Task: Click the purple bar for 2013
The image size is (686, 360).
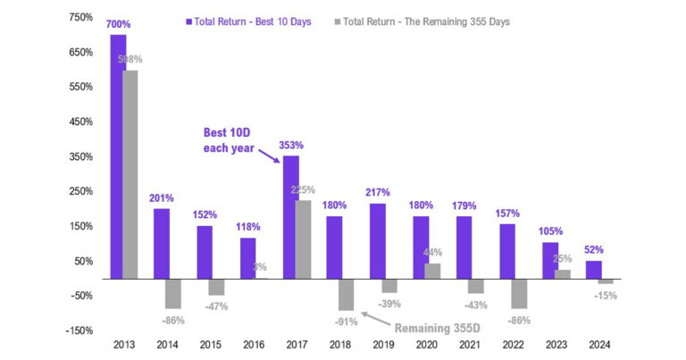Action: click(118, 156)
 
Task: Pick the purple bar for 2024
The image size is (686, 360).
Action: click(594, 270)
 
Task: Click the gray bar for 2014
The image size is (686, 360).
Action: click(172, 293)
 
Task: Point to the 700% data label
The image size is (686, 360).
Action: click(118, 27)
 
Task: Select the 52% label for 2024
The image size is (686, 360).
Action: click(594, 252)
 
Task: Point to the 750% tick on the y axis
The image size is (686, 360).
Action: click(79, 18)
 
